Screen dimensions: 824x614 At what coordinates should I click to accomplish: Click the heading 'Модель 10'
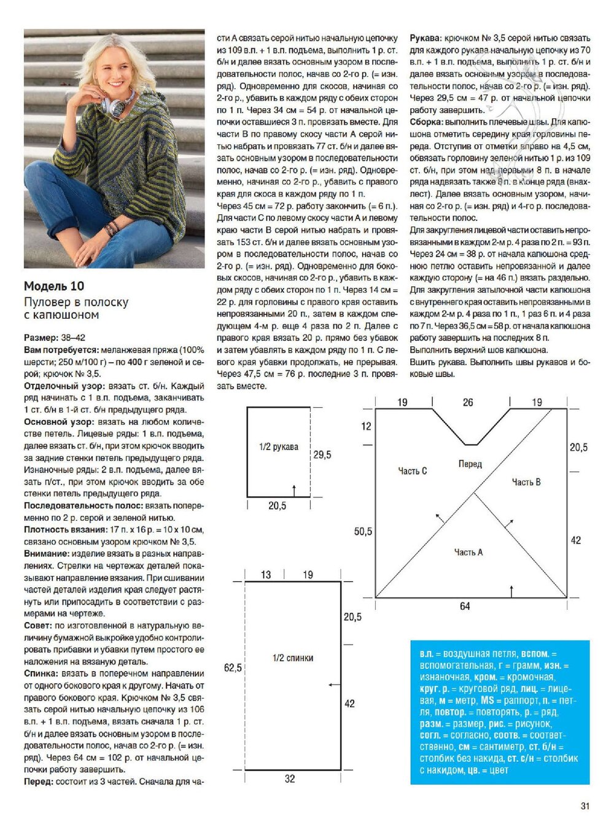(x=54, y=286)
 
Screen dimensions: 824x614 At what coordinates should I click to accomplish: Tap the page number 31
(x=585, y=806)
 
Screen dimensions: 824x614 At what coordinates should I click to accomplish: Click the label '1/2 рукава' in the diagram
(x=278, y=446)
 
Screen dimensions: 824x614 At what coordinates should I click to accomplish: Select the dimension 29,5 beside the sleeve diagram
(x=322, y=454)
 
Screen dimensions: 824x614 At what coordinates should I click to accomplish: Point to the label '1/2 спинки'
(x=293, y=658)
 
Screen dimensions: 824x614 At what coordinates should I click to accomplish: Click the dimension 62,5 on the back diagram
(x=233, y=667)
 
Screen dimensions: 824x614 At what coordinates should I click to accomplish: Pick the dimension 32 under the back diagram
(x=290, y=779)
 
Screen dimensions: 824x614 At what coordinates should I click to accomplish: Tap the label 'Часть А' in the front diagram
(x=468, y=552)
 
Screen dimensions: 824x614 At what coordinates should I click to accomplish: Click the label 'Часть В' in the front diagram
(x=526, y=482)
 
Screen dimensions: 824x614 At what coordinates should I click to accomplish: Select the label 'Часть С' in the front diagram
(x=412, y=470)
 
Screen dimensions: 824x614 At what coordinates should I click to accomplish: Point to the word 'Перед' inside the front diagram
(x=470, y=464)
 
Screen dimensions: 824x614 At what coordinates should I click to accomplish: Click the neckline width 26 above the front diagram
(x=468, y=402)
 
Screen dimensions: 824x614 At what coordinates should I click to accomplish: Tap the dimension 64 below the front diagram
(x=465, y=606)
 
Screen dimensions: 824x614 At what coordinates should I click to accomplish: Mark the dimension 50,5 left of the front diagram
(x=363, y=531)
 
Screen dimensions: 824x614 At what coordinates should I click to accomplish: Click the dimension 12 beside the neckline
(x=366, y=426)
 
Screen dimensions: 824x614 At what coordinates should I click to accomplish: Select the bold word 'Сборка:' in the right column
(x=426, y=122)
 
